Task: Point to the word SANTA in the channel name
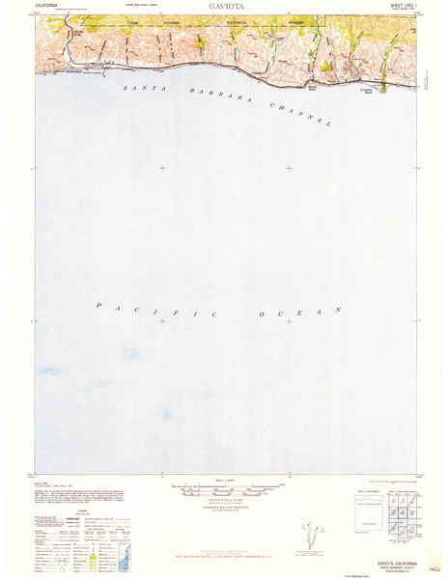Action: click(x=142, y=89)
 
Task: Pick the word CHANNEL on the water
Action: click(x=299, y=113)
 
